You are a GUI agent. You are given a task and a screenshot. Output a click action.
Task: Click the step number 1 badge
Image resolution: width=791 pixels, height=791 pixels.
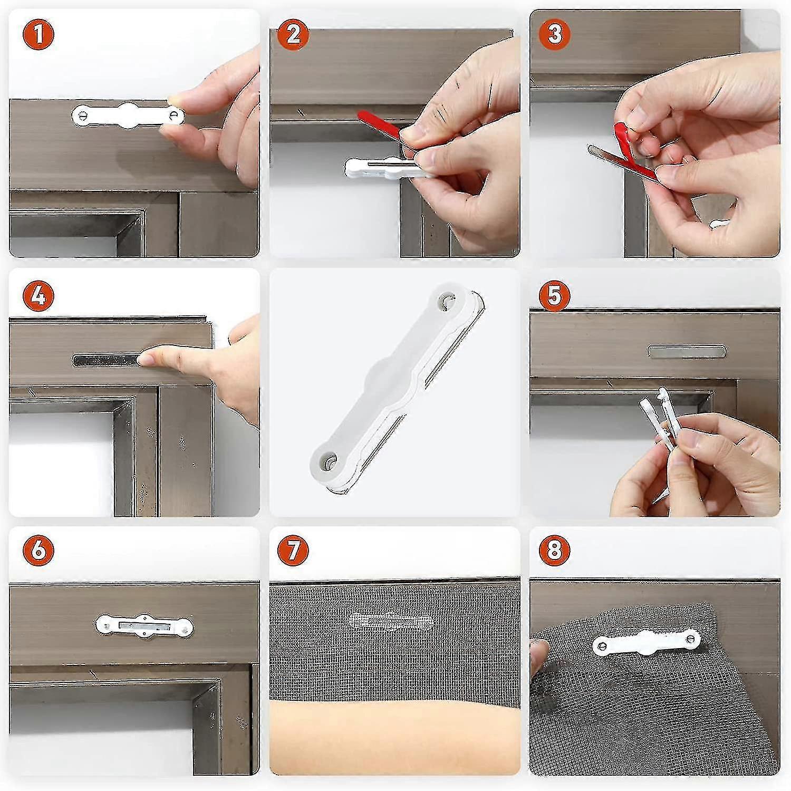click(x=38, y=34)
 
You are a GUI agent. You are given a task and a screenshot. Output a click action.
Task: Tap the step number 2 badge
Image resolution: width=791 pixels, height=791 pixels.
click(x=293, y=34)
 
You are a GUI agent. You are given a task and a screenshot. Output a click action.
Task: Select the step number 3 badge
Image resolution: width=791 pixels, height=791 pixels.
click(x=554, y=34)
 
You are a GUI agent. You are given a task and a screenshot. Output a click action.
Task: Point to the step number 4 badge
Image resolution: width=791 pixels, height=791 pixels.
click(x=38, y=295)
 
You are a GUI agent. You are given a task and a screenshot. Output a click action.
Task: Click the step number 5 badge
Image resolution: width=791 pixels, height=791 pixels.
click(x=554, y=295)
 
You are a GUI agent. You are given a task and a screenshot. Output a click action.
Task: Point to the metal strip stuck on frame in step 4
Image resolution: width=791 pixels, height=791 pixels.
click(x=105, y=361)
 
